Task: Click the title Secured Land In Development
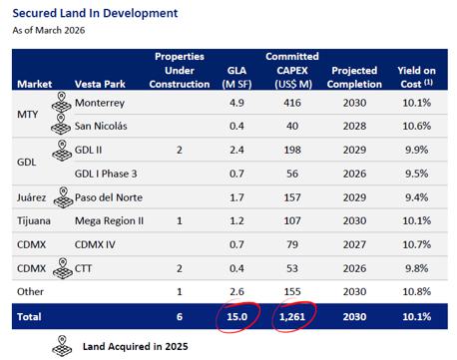[95, 13]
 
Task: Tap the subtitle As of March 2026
[49, 30]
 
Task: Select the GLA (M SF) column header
[236, 77]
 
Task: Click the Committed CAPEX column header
[292, 70]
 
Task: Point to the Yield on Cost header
[416, 77]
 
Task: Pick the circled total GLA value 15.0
[237, 316]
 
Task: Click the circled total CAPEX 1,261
[292, 316]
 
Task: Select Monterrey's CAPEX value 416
[292, 103]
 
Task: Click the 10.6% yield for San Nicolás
[417, 126]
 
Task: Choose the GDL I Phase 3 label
[106, 174]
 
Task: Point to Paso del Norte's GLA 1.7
[236, 197]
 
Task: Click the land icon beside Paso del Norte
[63, 197]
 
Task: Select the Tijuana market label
[34, 221]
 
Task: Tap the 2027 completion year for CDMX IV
[354, 244]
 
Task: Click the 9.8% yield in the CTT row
[416, 268]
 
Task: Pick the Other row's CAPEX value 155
[292, 292]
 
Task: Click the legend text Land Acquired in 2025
[136, 347]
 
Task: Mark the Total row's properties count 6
[180, 316]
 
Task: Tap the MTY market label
[27, 115]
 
